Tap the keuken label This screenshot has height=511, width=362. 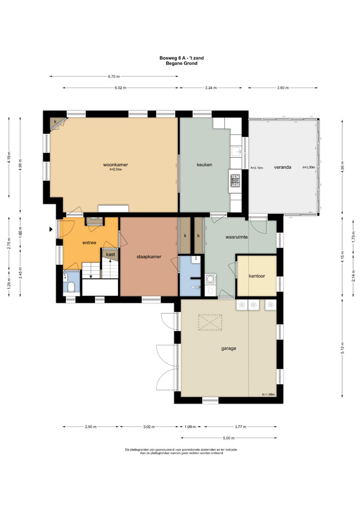click(204, 165)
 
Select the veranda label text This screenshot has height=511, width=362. click(283, 167)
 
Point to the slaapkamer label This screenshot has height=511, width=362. click(149, 257)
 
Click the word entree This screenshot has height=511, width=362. click(89, 243)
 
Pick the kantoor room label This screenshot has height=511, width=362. click(257, 276)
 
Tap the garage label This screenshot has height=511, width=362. click(229, 349)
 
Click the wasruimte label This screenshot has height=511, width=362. click(237, 237)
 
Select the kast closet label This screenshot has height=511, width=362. click(110, 254)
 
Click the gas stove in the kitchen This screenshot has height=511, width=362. click(235, 181)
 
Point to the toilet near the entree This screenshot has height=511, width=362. click(71, 287)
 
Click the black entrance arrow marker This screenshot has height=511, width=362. click(51, 229)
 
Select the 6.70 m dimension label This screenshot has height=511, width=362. click(114, 76)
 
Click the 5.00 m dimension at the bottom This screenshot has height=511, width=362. click(229, 438)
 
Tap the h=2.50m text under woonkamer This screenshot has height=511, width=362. click(116, 170)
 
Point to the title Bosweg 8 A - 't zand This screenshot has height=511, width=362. click(181, 58)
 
